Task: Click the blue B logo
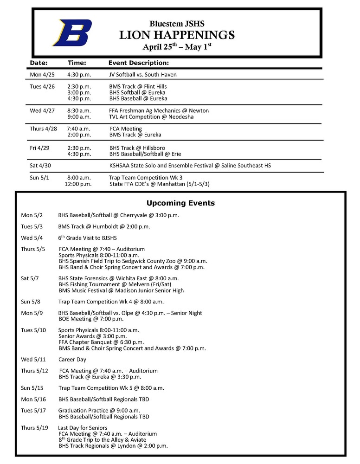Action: (x=72, y=33)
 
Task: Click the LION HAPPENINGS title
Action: (x=177, y=35)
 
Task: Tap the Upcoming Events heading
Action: (x=180, y=203)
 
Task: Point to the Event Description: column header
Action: (x=138, y=63)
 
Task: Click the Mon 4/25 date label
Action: (x=42, y=74)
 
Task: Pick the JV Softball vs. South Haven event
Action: (x=143, y=74)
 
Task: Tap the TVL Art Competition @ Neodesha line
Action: (x=151, y=117)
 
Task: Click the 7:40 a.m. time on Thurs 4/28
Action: (x=79, y=129)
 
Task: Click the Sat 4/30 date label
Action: (x=40, y=165)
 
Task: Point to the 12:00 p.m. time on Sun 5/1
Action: (x=78, y=184)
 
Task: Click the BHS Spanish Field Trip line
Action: (x=133, y=261)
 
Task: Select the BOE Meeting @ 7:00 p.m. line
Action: (x=91, y=319)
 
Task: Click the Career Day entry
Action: (x=72, y=359)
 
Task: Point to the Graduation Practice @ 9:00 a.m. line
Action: (x=99, y=410)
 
